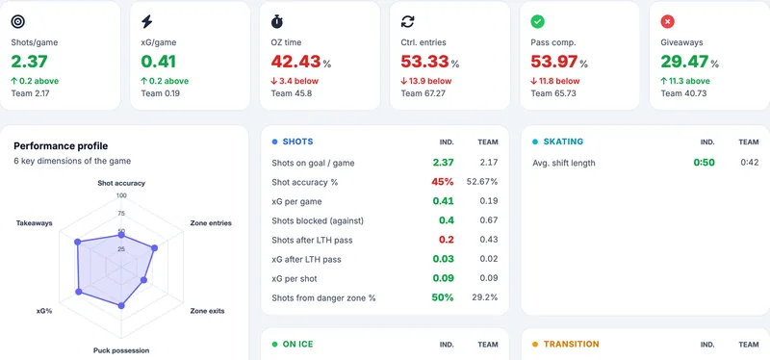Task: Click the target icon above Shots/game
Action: point(18,21)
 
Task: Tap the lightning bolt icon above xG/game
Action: point(147,21)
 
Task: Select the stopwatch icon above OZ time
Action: point(277,21)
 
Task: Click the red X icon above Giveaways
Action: point(667,21)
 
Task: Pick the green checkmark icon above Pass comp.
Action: point(538,21)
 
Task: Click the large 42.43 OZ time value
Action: point(295,62)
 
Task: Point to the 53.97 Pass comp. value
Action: point(553,62)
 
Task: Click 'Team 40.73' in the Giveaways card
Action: point(683,93)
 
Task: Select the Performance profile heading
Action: point(61,146)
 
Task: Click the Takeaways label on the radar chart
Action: point(34,223)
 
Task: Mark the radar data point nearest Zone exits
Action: point(143,280)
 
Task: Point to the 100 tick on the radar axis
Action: point(121,195)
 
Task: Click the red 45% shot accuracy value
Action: point(443,182)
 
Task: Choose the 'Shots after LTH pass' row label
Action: point(312,241)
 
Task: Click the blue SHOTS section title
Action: point(297,141)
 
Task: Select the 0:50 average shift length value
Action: point(704,163)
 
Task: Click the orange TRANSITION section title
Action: point(571,345)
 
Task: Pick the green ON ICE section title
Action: point(297,345)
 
